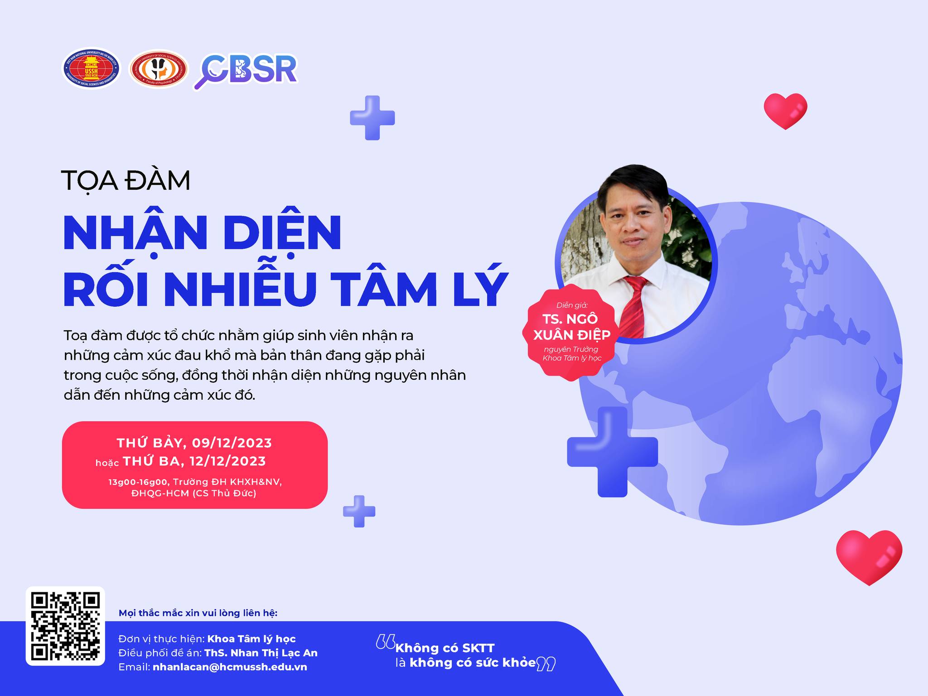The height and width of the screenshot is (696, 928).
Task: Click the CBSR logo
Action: click(246, 71)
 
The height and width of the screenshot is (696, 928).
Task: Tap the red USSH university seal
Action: click(91, 69)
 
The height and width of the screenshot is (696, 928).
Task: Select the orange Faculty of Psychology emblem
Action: click(159, 69)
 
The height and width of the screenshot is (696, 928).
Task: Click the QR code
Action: click(65, 626)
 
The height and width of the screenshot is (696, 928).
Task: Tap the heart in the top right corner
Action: click(785, 111)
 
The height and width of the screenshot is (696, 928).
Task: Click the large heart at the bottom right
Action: click(869, 557)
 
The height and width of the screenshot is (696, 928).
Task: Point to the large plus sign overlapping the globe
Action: click(612, 452)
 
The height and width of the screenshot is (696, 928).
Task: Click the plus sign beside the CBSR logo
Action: click(372, 118)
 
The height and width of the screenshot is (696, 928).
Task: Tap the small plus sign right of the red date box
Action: click(359, 511)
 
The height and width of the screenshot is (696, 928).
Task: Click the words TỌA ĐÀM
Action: click(126, 181)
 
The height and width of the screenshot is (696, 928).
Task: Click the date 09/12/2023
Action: click(232, 443)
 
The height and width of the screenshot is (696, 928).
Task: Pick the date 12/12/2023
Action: click(227, 461)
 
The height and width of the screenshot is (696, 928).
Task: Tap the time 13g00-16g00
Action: click(138, 482)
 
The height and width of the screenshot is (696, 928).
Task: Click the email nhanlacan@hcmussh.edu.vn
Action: click(230, 667)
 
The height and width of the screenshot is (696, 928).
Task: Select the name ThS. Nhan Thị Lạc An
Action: click(261, 653)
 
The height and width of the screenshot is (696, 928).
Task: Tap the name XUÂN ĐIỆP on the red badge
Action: click(572, 335)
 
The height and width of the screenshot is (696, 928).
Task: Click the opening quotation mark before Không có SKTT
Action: click(386, 641)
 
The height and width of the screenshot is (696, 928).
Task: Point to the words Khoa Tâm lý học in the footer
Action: click(251, 639)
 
